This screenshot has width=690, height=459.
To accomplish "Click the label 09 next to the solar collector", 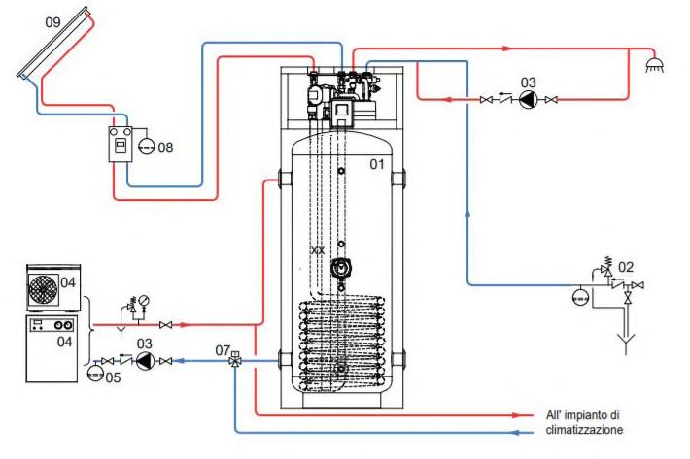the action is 52,22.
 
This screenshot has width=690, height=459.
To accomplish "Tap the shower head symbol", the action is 654,65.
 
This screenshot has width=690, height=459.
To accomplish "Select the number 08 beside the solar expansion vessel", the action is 165,148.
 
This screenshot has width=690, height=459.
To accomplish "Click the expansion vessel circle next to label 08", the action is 147,147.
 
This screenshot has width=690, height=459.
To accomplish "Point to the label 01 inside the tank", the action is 377,164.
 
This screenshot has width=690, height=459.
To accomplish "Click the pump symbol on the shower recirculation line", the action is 528,100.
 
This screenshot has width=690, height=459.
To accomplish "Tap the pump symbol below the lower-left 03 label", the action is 144,361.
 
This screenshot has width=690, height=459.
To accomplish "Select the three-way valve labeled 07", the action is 235,361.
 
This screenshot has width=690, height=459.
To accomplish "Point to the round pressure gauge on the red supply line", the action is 144,301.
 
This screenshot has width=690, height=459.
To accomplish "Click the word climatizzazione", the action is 584,430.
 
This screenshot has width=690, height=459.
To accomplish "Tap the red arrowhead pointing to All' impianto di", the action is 517,415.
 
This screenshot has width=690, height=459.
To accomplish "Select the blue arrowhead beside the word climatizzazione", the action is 518,433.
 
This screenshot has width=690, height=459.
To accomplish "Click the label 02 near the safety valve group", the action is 625,267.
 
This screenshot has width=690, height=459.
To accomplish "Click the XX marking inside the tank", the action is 317,250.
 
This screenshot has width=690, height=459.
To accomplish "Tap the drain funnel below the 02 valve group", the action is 626,343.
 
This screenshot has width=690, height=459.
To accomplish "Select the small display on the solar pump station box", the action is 121,146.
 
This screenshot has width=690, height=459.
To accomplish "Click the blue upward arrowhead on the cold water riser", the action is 466,213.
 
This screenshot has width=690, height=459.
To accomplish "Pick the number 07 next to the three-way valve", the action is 223,350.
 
